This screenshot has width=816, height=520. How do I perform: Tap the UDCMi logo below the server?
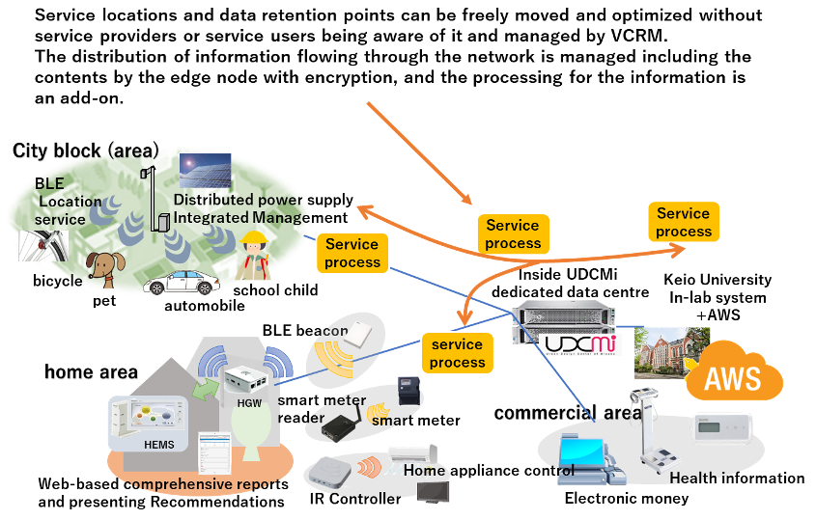pyautogui.click(x=580, y=344)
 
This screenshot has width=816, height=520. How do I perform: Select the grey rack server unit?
pyautogui.click(x=563, y=315)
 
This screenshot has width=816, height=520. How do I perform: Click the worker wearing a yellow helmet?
pyautogui.click(x=253, y=257)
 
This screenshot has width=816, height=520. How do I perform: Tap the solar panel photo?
pyautogui.click(x=205, y=171)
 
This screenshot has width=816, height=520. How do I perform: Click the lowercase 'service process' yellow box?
pyautogui.click(x=458, y=353)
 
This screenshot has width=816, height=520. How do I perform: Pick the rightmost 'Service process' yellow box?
pyautogui.click(x=684, y=223)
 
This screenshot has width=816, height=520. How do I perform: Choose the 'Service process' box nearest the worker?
pyautogui.click(x=352, y=254)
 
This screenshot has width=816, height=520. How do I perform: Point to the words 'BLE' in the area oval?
pyautogui.click(x=49, y=183)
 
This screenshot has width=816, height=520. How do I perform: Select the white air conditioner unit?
pyautogui.click(x=412, y=453)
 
